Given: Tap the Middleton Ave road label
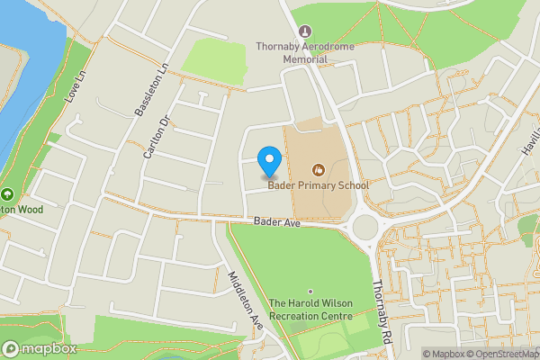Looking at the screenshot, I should coord(244,300).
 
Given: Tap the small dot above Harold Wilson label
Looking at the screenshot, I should coord(310,291).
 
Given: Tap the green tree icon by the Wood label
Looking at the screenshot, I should coord(6,194).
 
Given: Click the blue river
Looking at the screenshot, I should coord(22,72).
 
